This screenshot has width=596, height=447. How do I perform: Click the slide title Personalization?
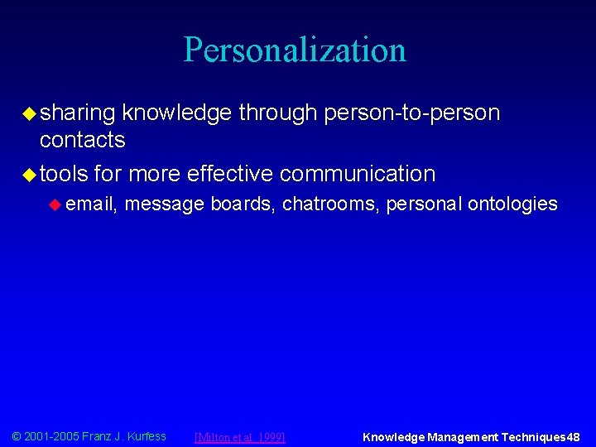point(295,50)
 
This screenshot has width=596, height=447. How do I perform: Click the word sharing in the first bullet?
point(79,113)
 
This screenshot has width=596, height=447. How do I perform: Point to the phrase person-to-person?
point(414,113)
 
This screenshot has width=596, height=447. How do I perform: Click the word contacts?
point(82,140)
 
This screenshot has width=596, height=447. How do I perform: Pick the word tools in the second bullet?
point(64,174)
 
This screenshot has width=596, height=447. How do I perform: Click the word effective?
point(230,174)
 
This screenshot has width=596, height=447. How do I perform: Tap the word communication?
point(358,174)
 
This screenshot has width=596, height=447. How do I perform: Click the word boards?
point(243,204)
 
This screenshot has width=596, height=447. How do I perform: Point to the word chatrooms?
point(329,204)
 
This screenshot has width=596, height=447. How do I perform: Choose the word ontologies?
point(512,204)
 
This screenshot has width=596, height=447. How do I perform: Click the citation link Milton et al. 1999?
point(239,437)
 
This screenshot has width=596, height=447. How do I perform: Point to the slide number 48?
point(573,437)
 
